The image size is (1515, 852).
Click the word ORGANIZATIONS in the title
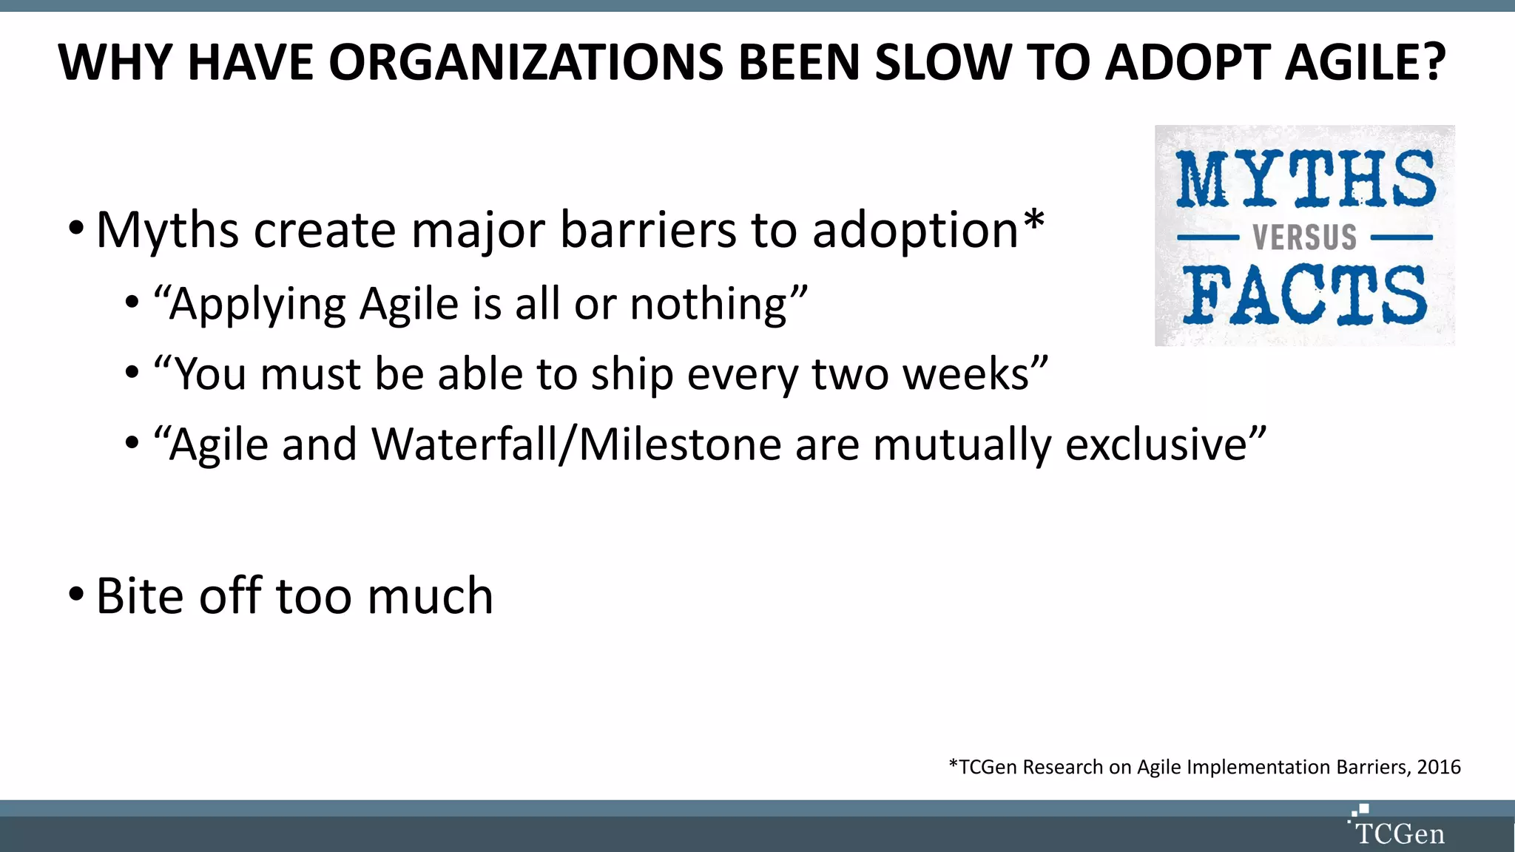tap(524, 62)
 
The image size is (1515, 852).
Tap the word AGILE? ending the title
tap(1364, 62)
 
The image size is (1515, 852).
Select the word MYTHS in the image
tap(1305, 179)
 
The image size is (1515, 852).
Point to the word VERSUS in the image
tap(1304, 237)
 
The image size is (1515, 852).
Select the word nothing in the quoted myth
tap(709, 304)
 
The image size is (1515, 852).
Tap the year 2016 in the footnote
tap(1438, 767)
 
